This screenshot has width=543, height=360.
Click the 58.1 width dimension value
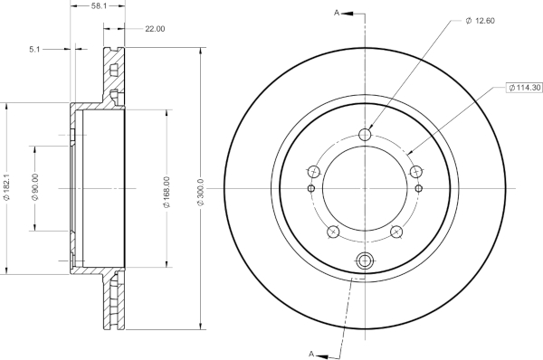point(99,6)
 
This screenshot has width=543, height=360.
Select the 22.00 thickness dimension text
point(155,29)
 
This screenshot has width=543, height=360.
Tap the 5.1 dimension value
point(34,50)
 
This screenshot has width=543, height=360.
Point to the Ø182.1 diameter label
point(7,187)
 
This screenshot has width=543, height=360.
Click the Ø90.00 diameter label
point(35,187)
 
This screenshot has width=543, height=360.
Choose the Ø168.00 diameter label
point(167,192)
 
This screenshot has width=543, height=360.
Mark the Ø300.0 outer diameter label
point(201,192)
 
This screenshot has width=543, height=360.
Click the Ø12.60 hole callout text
point(481,21)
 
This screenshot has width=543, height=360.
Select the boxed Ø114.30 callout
point(524,88)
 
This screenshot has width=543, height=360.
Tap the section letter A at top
point(337,13)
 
